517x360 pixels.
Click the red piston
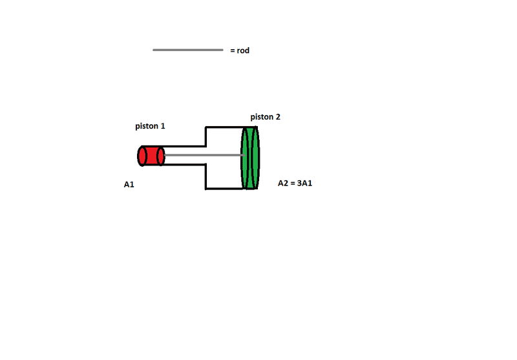(151, 156)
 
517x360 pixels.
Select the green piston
(250, 157)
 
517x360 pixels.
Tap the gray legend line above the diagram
(188, 50)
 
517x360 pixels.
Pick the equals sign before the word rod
(232, 50)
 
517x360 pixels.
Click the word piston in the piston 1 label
(146, 126)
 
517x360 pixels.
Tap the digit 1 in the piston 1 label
(163, 126)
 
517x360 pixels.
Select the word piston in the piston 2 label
(262, 117)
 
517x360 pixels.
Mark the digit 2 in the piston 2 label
(279, 117)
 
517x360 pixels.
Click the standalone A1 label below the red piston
(129, 185)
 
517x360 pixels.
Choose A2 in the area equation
(282, 183)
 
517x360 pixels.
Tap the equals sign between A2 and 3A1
(293, 183)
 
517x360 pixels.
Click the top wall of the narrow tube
(184, 146)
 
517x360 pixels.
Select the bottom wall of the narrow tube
(184, 165)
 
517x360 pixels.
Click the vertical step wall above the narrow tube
(206, 136)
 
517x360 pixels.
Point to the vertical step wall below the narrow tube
(206, 177)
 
